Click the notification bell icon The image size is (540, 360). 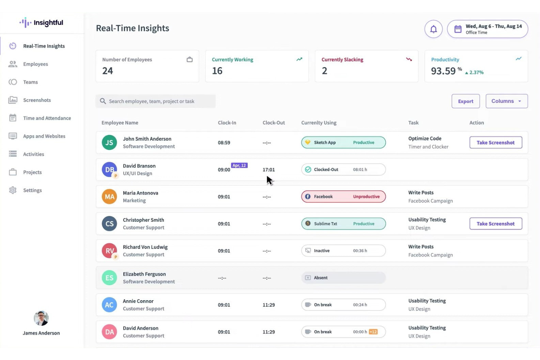[x=433, y=29]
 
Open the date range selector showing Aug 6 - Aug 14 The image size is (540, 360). [x=487, y=29]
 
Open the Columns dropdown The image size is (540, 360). [x=506, y=101]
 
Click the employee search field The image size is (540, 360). [x=156, y=101]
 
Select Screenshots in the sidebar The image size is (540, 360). [x=37, y=100]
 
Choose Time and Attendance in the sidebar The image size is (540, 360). [x=47, y=118]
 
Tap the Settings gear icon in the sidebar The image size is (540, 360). [x=13, y=190]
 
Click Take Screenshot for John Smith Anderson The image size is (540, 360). [x=495, y=143]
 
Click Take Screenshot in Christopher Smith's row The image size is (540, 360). [x=495, y=224]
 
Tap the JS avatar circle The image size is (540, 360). [x=109, y=143]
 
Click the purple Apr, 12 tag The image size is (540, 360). [x=239, y=166]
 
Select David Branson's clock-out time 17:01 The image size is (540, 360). [x=269, y=170]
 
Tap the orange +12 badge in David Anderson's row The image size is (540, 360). [x=373, y=332]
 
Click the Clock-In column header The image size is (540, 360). [x=227, y=123]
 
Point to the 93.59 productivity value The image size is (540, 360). [x=443, y=71]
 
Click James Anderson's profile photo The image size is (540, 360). [x=41, y=318]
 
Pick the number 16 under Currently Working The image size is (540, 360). [x=217, y=71]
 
